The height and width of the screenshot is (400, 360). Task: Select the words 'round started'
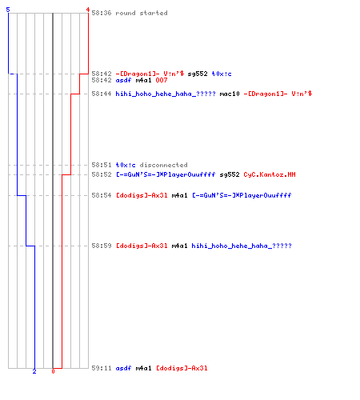(x=142, y=13)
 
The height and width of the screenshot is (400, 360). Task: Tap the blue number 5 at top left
(x=8, y=10)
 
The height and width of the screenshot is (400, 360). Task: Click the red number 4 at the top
(x=87, y=10)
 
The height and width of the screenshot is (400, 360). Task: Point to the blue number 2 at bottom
(x=34, y=371)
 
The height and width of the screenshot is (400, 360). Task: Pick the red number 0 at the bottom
(x=53, y=371)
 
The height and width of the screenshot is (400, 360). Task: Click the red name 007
(x=162, y=80)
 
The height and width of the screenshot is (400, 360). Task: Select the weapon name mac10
(x=230, y=94)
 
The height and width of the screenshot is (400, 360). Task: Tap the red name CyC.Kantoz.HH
(x=270, y=174)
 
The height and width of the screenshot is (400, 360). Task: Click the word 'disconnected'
(x=163, y=165)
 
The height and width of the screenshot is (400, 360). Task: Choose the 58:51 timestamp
(x=102, y=165)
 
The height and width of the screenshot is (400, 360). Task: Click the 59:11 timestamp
(x=102, y=368)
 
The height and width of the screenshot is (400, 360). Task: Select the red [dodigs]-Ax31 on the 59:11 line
(x=182, y=368)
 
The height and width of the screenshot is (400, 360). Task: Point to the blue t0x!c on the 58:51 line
(x=126, y=165)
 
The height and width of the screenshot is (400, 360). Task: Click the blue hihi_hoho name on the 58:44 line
(x=166, y=94)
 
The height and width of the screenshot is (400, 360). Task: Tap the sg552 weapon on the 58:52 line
(x=230, y=174)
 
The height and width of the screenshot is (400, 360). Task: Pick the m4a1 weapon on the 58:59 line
(x=179, y=246)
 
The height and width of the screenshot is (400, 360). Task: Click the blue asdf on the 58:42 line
(x=123, y=80)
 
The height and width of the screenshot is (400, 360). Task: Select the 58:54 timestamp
(x=102, y=195)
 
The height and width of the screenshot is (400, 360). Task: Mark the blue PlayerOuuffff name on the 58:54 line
(x=242, y=195)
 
